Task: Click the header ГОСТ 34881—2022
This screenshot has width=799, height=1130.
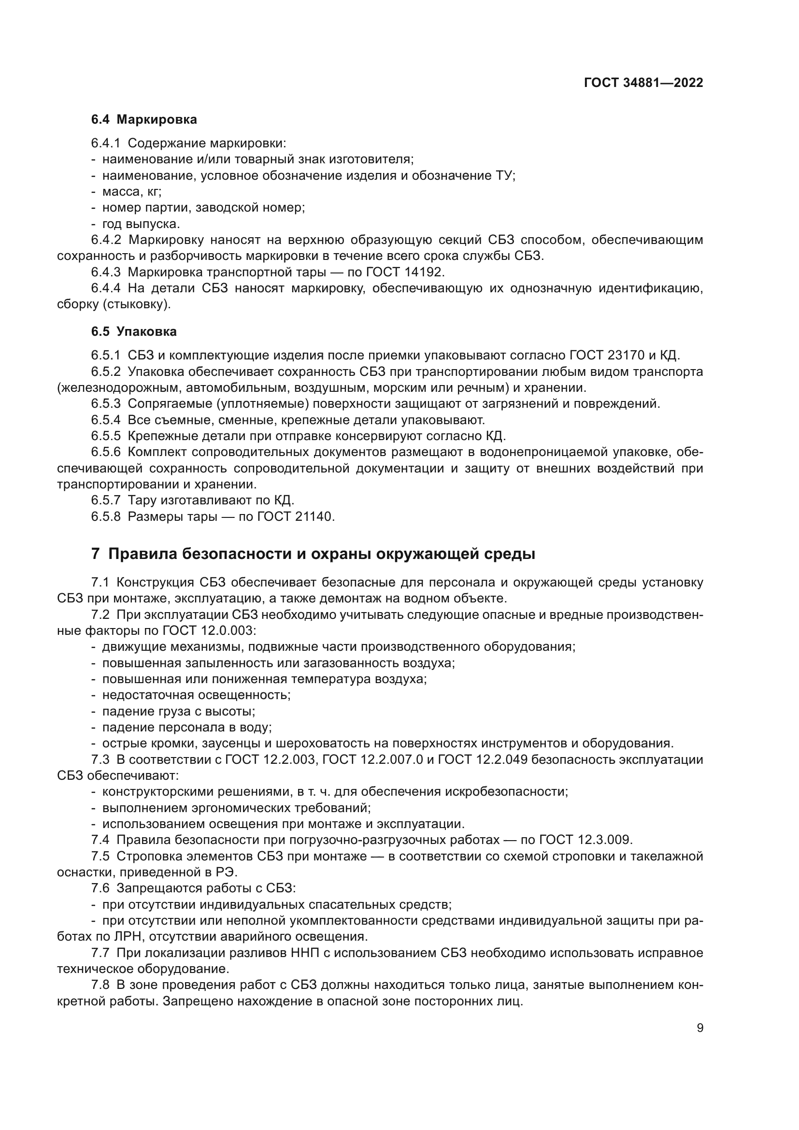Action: click(x=643, y=83)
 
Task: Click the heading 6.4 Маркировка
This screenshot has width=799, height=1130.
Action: click(x=143, y=120)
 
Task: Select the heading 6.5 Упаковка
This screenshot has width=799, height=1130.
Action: click(x=134, y=332)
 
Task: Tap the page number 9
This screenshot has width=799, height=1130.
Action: click(x=700, y=1028)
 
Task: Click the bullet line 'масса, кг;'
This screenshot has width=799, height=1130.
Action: click(x=131, y=191)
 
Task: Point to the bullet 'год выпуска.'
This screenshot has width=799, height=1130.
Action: click(x=141, y=224)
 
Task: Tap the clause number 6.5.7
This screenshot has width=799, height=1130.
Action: click(x=105, y=501)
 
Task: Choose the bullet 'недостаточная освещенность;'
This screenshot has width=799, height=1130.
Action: click(x=196, y=695)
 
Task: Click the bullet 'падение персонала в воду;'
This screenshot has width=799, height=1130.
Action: click(x=187, y=728)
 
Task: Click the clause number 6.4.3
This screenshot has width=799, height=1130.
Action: click(x=105, y=272)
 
